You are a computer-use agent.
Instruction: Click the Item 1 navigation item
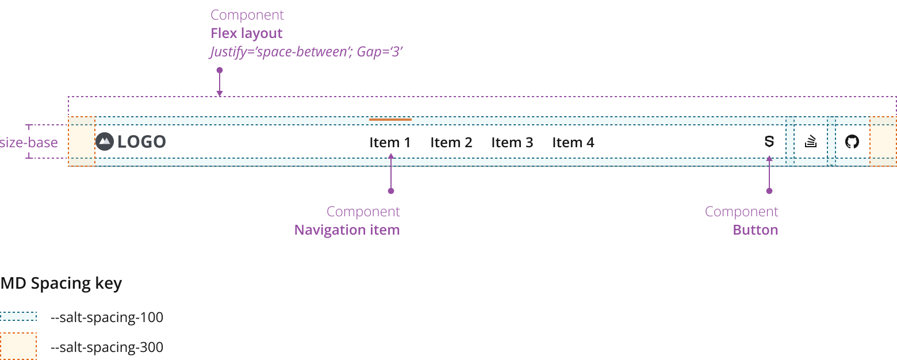click(x=390, y=142)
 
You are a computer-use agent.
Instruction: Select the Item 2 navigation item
click(x=451, y=142)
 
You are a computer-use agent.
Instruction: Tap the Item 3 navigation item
click(x=512, y=142)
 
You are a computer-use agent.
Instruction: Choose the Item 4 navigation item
click(x=573, y=142)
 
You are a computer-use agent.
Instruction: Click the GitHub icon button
click(x=852, y=141)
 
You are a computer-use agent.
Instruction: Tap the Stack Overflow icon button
click(x=811, y=141)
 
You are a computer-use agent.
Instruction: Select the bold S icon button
click(x=769, y=141)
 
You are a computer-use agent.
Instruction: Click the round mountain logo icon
click(x=105, y=141)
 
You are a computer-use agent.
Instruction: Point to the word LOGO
click(x=141, y=141)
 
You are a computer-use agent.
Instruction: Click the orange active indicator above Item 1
click(x=390, y=120)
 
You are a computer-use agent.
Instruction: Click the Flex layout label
click(x=246, y=33)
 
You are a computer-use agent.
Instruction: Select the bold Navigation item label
click(x=347, y=230)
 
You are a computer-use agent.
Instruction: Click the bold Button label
click(x=755, y=230)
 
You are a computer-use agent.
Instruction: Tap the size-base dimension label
click(x=29, y=142)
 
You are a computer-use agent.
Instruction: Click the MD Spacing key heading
click(x=61, y=284)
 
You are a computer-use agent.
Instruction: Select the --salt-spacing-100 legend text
click(x=107, y=317)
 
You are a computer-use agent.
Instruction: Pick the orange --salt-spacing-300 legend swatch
click(x=18, y=346)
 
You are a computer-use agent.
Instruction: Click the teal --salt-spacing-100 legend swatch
click(x=18, y=316)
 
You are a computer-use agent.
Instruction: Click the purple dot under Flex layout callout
click(x=219, y=70)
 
